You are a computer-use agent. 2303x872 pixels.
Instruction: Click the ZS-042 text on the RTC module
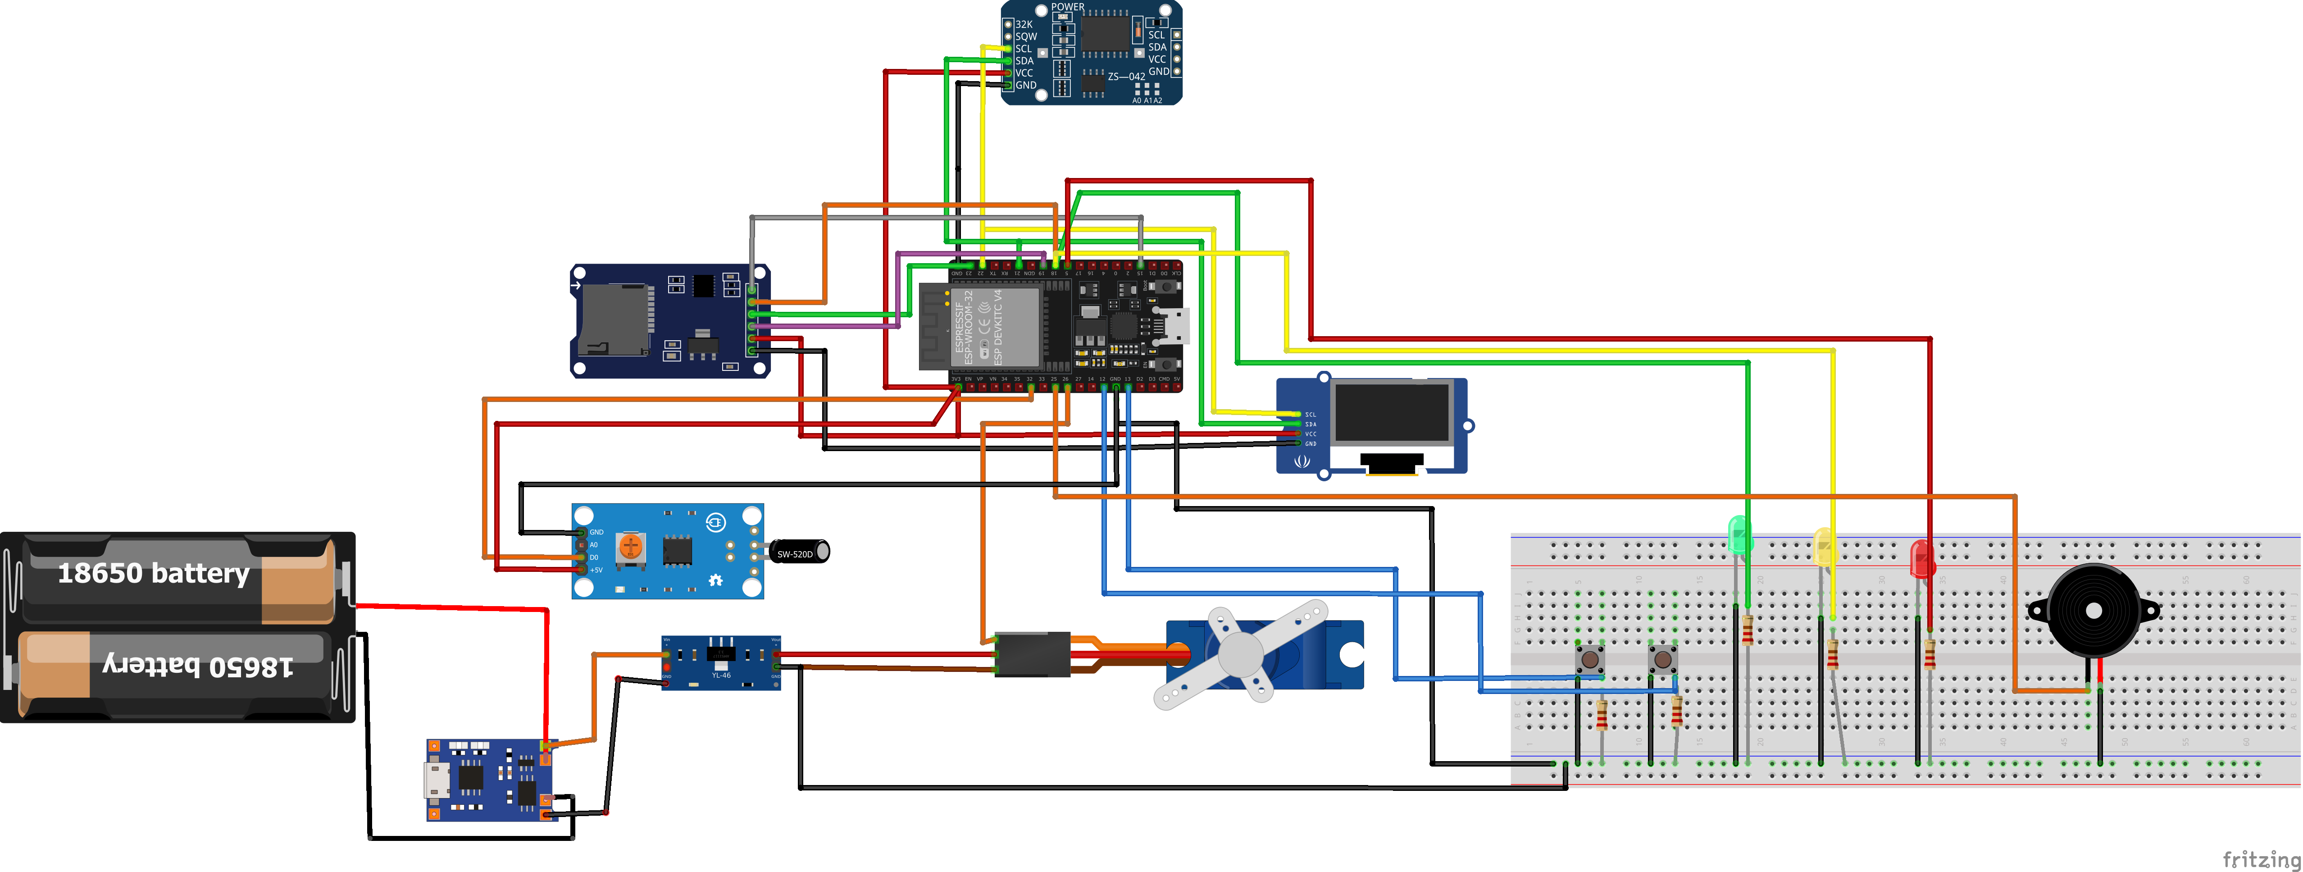pos(1125,77)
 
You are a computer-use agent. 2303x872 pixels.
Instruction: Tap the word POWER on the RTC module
pos(1067,7)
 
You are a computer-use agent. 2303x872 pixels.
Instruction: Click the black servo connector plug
pos(1033,654)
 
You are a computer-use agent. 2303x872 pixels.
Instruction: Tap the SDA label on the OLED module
pos(1311,424)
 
